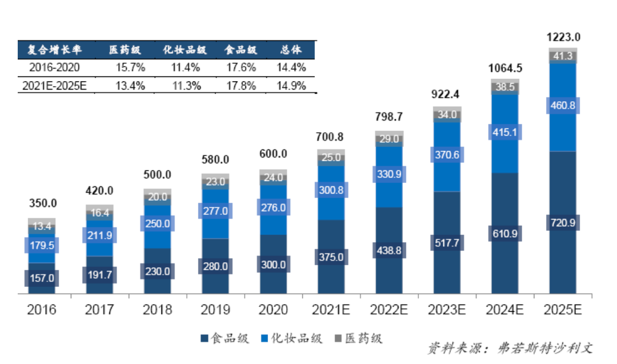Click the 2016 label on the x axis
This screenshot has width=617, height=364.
pos(42,310)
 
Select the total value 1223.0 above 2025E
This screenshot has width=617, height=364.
pos(563,38)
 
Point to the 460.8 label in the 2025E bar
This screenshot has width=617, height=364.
pos(563,106)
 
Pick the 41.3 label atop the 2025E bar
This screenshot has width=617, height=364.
pos(563,56)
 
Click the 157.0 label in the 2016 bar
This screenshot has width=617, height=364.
pos(42,278)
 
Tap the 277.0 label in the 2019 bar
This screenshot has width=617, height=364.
pos(215,211)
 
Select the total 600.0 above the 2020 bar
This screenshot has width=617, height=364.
pos(273,154)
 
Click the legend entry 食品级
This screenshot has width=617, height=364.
pos(225,338)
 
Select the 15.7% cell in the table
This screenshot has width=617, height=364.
pos(130,67)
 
